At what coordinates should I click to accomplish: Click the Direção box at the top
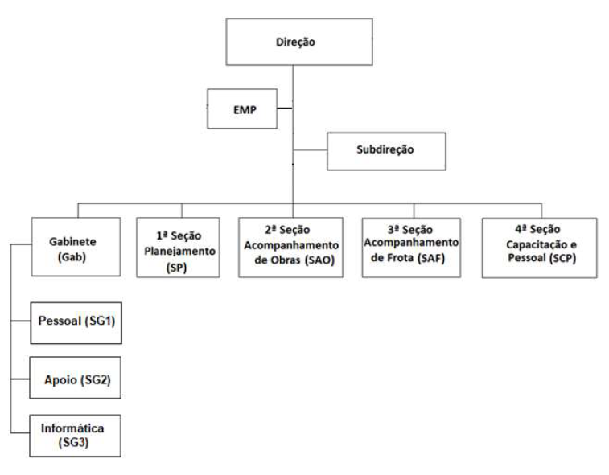coord(299,42)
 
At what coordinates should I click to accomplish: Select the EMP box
coord(242,109)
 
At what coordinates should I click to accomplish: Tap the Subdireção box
coord(386,151)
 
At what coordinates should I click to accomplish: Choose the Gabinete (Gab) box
coord(76,247)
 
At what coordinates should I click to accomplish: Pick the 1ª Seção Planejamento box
coord(179,248)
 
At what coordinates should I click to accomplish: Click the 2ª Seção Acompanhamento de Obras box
coord(291,248)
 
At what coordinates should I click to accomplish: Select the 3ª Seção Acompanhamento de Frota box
coord(411,248)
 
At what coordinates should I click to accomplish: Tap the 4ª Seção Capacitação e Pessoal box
coord(540,248)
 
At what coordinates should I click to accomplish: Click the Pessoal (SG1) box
coord(76,323)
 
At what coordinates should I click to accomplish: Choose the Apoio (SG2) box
coord(76,378)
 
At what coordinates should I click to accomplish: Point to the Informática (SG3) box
coord(76,436)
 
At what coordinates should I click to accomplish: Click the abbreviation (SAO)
coord(319,260)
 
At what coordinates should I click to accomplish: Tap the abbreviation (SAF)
coord(431,258)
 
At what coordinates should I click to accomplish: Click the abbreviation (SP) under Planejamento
coord(176,268)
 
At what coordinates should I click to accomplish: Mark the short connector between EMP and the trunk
coord(285,108)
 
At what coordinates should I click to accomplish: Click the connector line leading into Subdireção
coord(310,149)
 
